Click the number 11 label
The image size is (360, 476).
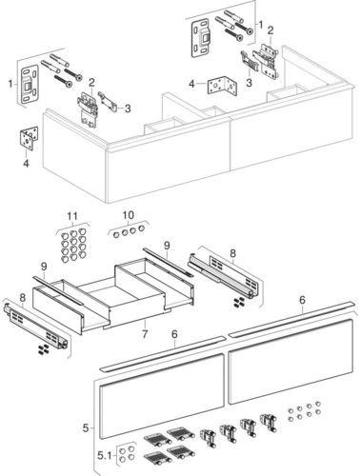click(x=72, y=216)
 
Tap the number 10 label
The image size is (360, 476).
click(x=129, y=215)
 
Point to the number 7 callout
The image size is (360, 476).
click(x=145, y=334)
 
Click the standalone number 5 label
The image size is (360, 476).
click(x=86, y=428)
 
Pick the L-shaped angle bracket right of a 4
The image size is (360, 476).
click(x=222, y=85)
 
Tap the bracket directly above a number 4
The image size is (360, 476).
click(x=30, y=138)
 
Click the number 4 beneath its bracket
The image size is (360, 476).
click(x=26, y=164)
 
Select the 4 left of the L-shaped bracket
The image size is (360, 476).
click(x=191, y=84)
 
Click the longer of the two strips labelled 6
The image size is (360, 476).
click(x=290, y=319)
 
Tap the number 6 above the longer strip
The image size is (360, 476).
click(x=302, y=300)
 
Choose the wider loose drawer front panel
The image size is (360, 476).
click(x=290, y=361)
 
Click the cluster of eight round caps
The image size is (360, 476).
click(x=304, y=411)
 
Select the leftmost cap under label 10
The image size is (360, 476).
click(x=116, y=234)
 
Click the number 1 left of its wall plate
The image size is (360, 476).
click(x=10, y=84)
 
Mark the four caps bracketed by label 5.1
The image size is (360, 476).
click(x=127, y=454)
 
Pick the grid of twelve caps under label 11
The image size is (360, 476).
click(x=73, y=245)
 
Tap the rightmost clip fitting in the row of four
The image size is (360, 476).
click(x=269, y=423)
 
